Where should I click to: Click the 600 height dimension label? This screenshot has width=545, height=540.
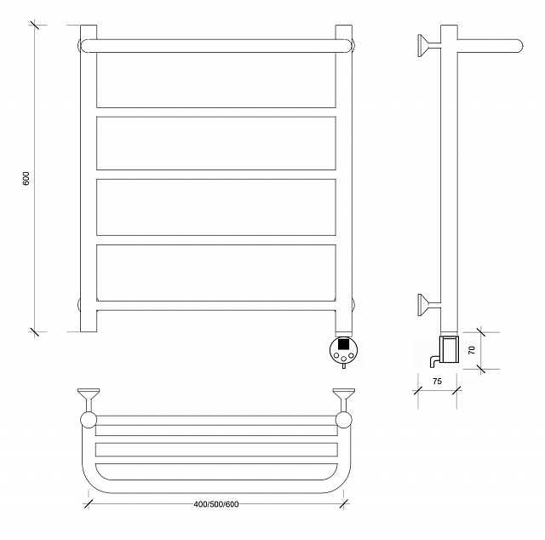(26, 178)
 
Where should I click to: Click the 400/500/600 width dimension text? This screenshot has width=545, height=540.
(216, 504)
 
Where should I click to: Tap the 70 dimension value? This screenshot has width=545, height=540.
(471, 350)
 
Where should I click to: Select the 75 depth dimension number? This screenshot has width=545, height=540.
(437, 381)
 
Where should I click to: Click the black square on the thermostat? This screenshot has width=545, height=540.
(343, 343)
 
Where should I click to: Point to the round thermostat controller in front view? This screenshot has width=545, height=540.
(342, 349)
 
